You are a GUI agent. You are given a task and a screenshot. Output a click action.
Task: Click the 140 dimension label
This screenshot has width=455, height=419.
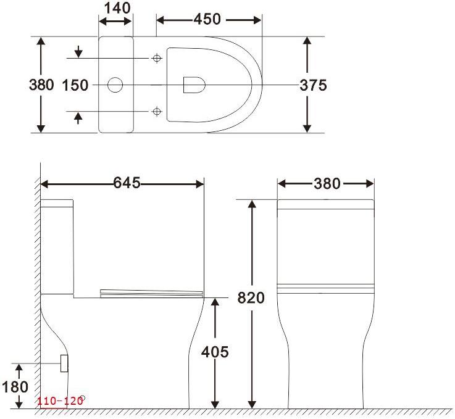[x=117, y=8]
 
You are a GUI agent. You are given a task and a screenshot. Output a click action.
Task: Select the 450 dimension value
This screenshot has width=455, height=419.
[x=207, y=19]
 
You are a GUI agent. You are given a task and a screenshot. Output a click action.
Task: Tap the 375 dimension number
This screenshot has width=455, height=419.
[x=313, y=85]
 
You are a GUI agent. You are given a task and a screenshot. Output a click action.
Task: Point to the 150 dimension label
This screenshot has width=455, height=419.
[x=75, y=85]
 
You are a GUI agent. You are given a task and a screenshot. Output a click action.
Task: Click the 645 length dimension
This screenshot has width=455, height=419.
[x=127, y=183]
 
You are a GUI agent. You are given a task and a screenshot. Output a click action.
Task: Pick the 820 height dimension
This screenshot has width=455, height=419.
[x=251, y=297]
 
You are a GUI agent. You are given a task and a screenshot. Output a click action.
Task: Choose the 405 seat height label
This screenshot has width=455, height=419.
[x=215, y=352]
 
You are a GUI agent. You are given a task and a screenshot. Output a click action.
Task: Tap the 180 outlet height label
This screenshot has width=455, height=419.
[x=15, y=387]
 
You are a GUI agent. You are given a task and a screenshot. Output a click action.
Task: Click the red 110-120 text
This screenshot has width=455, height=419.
[x=60, y=401]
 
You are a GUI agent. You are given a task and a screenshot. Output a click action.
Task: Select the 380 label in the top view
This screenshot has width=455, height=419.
[x=41, y=85]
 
